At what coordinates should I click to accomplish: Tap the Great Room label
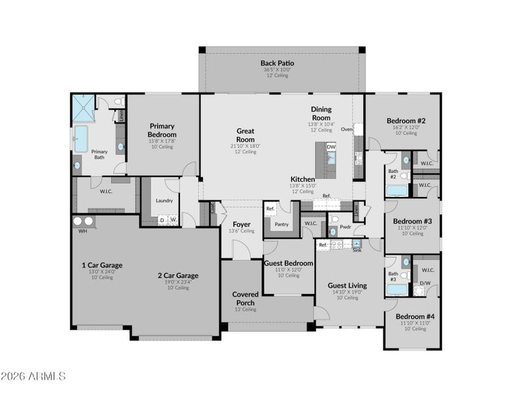click(x=245, y=135)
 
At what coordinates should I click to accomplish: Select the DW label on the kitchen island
click(x=331, y=146)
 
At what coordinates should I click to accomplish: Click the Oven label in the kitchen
click(x=347, y=129)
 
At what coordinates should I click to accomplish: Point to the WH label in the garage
click(x=83, y=231)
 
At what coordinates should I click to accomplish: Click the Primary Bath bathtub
click(x=81, y=139)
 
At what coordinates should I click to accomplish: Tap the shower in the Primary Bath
click(x=83, y=106)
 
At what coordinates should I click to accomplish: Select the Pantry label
click(x=282, y=224)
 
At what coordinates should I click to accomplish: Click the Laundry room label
click(x=164, y=201)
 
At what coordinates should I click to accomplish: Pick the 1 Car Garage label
click(x=102, y=265)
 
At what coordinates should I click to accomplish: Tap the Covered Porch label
click(x=245, y=298)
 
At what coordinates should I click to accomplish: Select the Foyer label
click(x=242, y=224)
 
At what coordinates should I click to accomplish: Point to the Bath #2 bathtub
click(x=396, y=191)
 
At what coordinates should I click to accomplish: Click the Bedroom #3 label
click(x=412, y=221)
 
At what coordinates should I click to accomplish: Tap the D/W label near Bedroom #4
click(x=425, y=284)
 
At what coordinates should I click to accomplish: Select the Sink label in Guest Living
click(x=356, y=250)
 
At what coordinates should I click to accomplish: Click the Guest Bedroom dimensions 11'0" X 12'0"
click(x=289, y=269)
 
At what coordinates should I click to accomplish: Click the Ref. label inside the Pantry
click(x=270, y=208)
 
